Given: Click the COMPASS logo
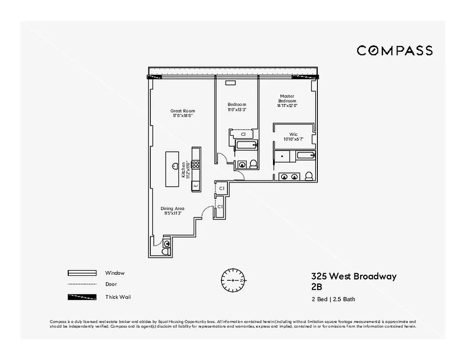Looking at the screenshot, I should pyautogui.click(x=394, y=50).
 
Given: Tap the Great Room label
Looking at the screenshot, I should pyautogui.click(x=182, y=111).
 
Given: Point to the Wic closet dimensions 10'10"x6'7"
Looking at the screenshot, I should pyautogui.click(x=293, y=139).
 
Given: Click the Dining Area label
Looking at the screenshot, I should pyautogui.click(x=172, y=208).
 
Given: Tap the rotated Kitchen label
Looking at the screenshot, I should pyautogui.click(x=184, y=170).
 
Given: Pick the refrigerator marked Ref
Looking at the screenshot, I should pyautogui.click(x=196, y=185).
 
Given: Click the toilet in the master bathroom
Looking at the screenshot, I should pyautogui.click(x=309, y=176).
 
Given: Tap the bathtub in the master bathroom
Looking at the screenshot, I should pyautogui.click(x=306, y=156).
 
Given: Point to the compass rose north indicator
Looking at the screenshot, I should pyautogui.click(x=232, y=280).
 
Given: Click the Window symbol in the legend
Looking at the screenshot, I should pyautogui.click(x=82, y=273).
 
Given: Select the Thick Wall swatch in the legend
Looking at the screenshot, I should pyautogui.click(x=82, y=297).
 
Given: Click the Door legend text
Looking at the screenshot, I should pyautogui.click(x=111, y=284).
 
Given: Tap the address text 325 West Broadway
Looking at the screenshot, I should pyautogui.click(x=353, y=276).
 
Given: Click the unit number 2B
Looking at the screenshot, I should pyautogui.click(x=317, y=287).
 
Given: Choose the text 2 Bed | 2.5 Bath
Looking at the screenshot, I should pyautogui.click(x=333, y=299).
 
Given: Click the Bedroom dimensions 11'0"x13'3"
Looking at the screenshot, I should pyautogui.click(x=237, y=109).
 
